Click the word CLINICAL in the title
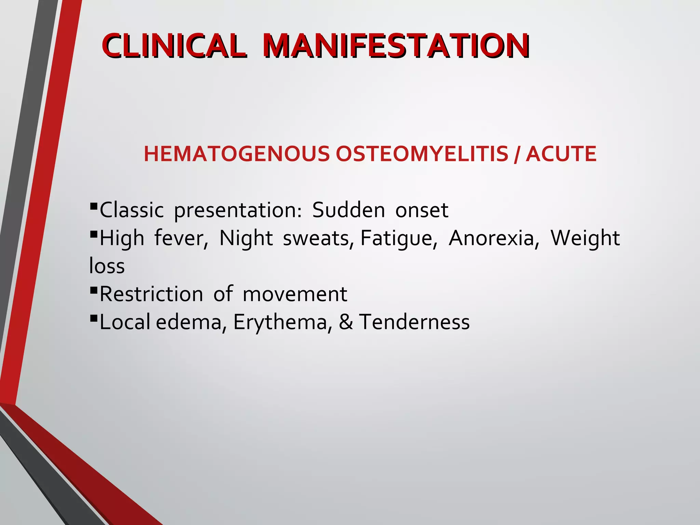click(173, 45)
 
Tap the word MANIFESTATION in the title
click(396, 45)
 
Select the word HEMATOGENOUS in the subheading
click(237, 154)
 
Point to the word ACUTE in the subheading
click(561, 154)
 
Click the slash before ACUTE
click(517, 154)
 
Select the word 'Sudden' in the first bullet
click(348, 210)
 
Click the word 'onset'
click(421, 210)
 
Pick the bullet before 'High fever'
click(93, 234)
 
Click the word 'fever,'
click(181, 238)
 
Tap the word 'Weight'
click(585, 238)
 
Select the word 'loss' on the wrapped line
click(107, 266)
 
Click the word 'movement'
click(295, 294)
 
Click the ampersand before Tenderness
click(346, 322)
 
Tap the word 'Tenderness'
click(414, 322)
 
